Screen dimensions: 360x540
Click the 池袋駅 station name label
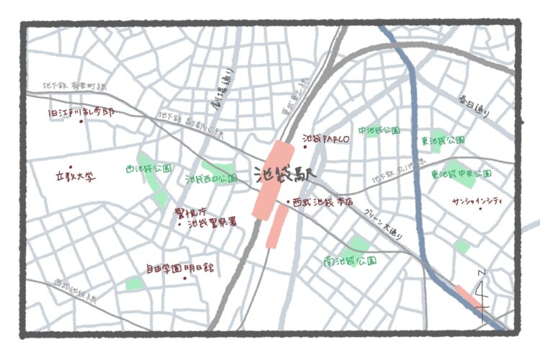[x=284, y=175]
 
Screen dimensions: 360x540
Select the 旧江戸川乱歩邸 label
[x=81, y=113]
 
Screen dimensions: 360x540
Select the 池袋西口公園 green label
[x=212, y=178]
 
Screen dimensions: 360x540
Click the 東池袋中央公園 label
[x=461, y=174]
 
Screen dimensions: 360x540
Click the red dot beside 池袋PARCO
[x=305, y=147]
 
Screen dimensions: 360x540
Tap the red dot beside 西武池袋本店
[x=289, y=202]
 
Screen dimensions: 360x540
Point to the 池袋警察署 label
[x=213, y=224]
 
